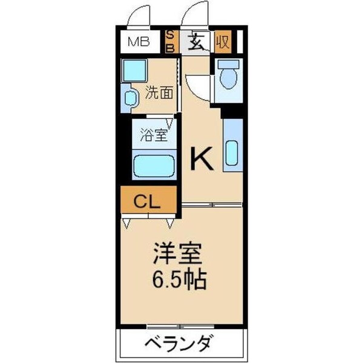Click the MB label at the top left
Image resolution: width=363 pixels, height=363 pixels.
pos(140,42)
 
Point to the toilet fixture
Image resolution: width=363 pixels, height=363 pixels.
pos(228,77)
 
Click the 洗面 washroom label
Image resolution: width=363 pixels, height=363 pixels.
pos(160,93)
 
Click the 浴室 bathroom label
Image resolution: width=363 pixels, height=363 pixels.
pos(154,134)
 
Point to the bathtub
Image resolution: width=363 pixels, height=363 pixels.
pos(154,165)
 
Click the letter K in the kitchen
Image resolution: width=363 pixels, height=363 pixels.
pos(201,159)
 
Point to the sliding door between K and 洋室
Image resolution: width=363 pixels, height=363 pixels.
pos(212,206)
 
